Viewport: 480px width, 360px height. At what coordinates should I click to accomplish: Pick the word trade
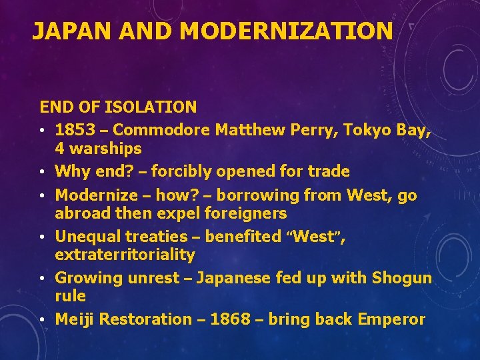coord(327,171)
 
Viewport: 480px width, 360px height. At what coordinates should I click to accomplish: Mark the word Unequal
coord(88,237)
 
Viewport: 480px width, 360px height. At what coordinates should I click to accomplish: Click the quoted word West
coord(313,237)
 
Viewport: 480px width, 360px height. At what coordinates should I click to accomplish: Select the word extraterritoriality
coord(125,255)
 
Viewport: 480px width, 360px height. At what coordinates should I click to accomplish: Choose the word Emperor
coord(391,319)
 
